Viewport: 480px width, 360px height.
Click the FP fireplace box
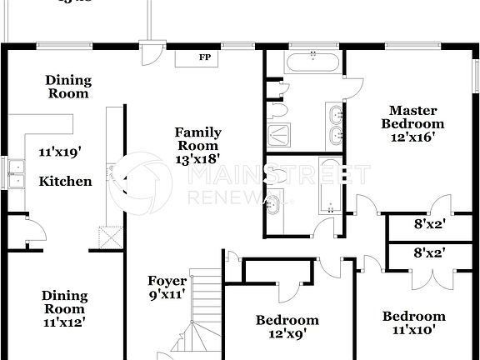[x=203, y=57]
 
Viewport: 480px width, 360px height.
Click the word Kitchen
[x=67, y=181]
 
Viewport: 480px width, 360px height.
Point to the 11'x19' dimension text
[x=57, y=152]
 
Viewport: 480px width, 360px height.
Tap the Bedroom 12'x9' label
[x=287, y=327]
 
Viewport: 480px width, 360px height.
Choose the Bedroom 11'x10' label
[x=413, y=323]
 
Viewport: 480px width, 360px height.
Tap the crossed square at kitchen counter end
[x=105, y=238]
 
